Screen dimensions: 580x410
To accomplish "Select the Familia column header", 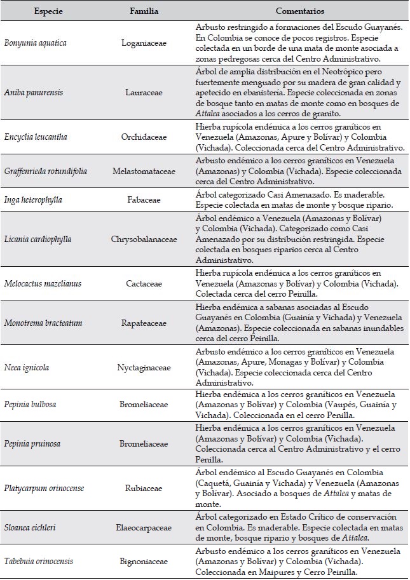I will tap(144, 11).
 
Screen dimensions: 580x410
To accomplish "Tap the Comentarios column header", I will tap(301, 11).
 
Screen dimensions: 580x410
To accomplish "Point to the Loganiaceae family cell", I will tap(144, 43).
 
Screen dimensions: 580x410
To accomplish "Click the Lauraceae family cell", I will tap(144, 92).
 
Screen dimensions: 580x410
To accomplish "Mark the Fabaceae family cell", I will tap(144, 198).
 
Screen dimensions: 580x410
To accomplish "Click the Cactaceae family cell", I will tap(144, 285).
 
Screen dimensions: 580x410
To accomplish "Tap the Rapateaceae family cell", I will tap(144, 323).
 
